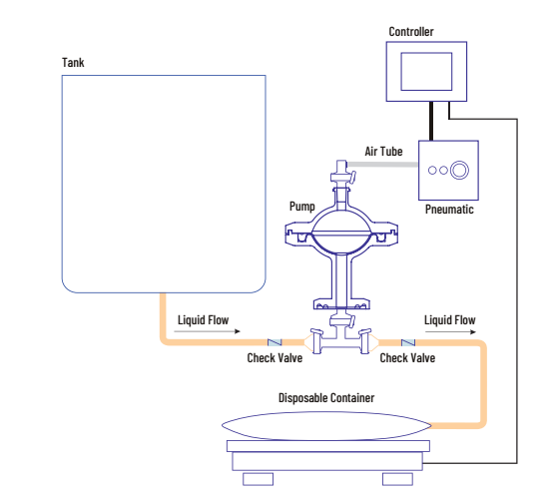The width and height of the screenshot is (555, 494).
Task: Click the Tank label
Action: (x=73, y=63)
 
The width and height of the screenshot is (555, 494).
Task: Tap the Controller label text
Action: (x=411, y=32)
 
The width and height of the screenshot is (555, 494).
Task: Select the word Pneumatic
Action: (x=449, y=210)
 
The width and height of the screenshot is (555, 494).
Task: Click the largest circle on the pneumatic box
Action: (x=459, y=171)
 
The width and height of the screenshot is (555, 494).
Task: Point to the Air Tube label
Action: (x=383, y=152)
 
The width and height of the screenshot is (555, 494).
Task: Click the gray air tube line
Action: (x=382, y=165)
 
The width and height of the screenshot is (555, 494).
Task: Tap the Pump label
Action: (x=301, y=207)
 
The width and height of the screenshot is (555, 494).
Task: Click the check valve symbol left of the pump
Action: (x=275, y=342)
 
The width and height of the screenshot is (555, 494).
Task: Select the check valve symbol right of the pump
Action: (x=408, y=342)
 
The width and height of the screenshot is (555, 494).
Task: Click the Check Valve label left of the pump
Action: (x=275, y=358)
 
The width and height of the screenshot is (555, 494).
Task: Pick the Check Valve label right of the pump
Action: (x=407, y=358)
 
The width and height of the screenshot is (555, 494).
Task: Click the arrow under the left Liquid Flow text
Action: (x=207, y=331)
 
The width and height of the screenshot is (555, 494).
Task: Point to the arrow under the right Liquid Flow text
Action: (x=450, y=332)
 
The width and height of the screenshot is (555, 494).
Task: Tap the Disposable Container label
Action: (x=326, y=398)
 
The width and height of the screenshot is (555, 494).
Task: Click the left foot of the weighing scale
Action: (x=258, y=479)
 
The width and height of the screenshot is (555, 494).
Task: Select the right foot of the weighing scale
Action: (x=398, y=479)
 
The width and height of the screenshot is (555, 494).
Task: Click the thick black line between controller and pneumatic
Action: (x=431, y=121)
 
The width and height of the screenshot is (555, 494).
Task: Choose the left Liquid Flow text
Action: (x=204, y=320)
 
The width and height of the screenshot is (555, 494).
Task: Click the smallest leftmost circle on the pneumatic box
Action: (x=432, y=171)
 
